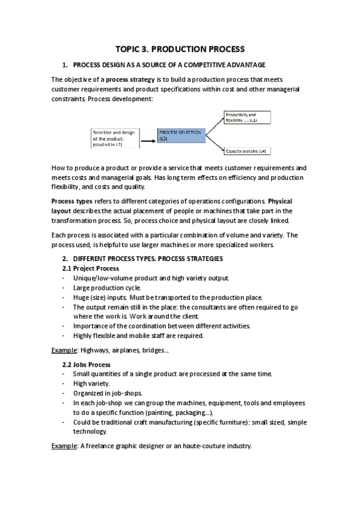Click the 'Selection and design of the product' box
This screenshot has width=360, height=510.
[115, 138]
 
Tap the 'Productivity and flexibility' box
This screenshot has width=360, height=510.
[248, 117]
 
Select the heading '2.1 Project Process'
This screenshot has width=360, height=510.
[91, 268]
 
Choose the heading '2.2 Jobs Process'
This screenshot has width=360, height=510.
[87, 364]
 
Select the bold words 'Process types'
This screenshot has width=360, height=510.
[72, 201]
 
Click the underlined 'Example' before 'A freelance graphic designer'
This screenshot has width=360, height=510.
[64, 446]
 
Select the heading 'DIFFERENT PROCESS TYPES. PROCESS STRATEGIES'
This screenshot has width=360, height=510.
[148, 259]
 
